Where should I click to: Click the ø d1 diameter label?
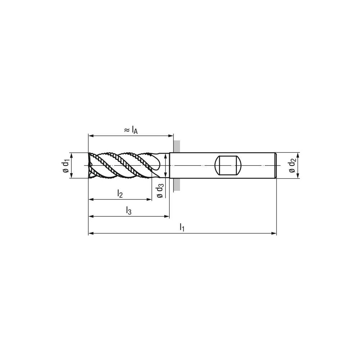pos(66,166)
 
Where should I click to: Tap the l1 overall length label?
pos(182,227)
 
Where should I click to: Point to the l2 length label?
pos(120,193)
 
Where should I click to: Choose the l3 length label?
pos(129,210)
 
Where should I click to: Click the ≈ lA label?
pos(131,130)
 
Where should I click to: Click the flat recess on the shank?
pos(227,166)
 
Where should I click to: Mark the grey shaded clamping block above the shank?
pos(177,146)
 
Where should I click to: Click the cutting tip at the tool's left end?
pos(90,166)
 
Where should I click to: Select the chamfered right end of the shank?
pos(275,166)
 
